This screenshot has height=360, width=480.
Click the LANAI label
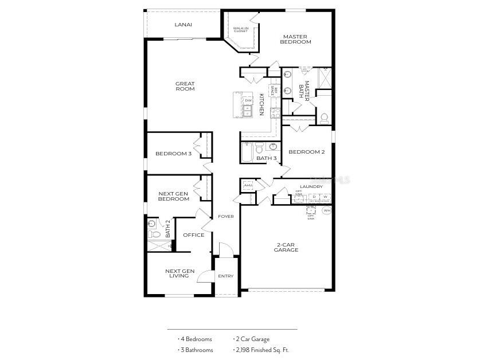point(183,25)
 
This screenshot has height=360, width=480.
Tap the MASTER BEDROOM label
point(295,39)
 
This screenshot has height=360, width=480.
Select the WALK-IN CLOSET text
point(240,29)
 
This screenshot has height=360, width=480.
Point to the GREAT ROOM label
point(185,86)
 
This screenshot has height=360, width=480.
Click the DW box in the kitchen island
point(248,101)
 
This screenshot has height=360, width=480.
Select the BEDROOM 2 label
point(306,152)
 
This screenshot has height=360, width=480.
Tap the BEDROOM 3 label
point(173,154)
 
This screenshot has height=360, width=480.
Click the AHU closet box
point(248,185)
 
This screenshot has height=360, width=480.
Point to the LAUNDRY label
point(311,186)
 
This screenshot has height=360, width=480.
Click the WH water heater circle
point(326,210)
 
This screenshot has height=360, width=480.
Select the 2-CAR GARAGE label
point(286,247)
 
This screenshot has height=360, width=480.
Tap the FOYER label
point(225,216)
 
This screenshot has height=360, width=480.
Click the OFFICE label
point(193,235)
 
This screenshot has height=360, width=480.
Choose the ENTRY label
point(225,276)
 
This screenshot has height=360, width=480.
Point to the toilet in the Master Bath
point(324,118)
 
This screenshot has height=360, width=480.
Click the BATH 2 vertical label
point(168,229)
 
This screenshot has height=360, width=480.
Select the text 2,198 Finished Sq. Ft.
point(262,350)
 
